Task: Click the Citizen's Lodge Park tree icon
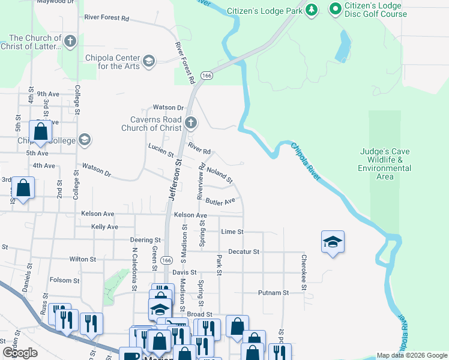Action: pyautogui.click(x=312, y=10)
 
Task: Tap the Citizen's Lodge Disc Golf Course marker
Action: pyautogui.click(x=335, y=10)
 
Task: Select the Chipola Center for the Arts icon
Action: pyautogui.click(x=148, y=61)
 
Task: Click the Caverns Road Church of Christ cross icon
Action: pyautogui.click(x=191, y=124)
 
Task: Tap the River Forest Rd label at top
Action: pyautogui.click(x=107, y=19)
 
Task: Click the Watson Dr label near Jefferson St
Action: pyautogui.click(x=167, y=107)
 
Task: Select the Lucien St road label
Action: pyautogui.click(x=160, y=148)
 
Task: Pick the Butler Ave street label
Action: pyautogui.click(x=220, y=202)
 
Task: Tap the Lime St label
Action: pyautogui.click(x=232, y=232)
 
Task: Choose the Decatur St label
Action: pyautogui.click(x=243, y=252)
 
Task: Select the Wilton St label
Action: pyautogui.click(x=82, y=259)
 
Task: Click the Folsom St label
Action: pyautogui.click(x=64, y=280)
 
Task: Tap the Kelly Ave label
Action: pyautogui.click(x=104, y=227)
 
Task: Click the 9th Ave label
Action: pyautogui.click(x=48, y=94)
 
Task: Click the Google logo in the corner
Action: pyautogui.click(x=20, y=353)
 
